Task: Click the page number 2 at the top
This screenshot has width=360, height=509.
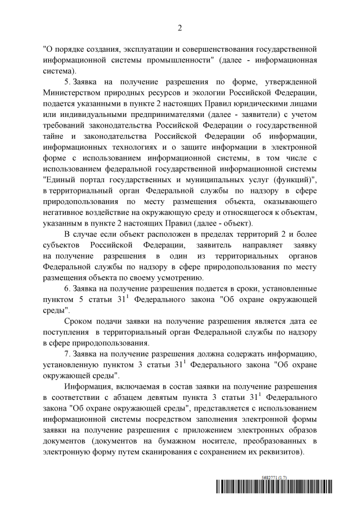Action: (x=180, y=28)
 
